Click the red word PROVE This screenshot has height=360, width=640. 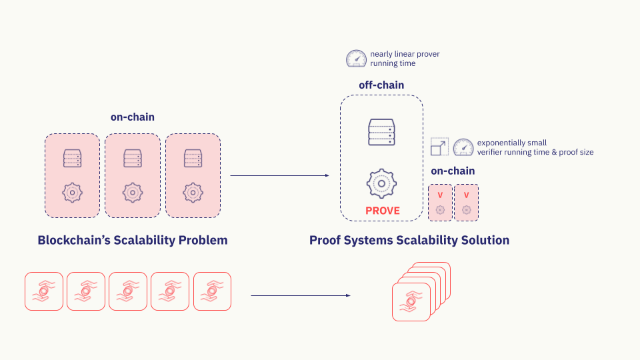tap(383, 211)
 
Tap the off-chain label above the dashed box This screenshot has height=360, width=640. tap(381, 85)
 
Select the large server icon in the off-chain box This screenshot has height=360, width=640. tap(381, 132)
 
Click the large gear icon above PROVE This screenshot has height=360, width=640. tap(381, 184)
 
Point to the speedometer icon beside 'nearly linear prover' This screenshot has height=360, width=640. tap(356, 59)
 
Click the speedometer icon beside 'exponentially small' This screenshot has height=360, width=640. tap(463, 147)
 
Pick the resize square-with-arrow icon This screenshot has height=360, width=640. tap(439, 147)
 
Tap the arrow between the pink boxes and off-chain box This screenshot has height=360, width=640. tap(279, 175)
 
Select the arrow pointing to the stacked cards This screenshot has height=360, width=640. tap(301, 295)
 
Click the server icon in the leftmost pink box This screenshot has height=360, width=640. tap(72, 159)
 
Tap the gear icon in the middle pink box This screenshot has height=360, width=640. tap(133, 193)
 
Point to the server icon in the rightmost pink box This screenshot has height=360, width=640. tap(193, 159)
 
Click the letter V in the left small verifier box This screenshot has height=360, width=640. tap(440, 195)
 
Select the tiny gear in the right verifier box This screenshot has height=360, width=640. tap(467, 210)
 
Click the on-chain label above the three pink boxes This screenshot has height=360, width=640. tap(133, 117)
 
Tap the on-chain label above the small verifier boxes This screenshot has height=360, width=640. tap(453, 171)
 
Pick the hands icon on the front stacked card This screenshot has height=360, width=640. tap(411, 301)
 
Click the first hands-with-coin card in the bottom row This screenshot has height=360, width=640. tap(44, 291)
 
